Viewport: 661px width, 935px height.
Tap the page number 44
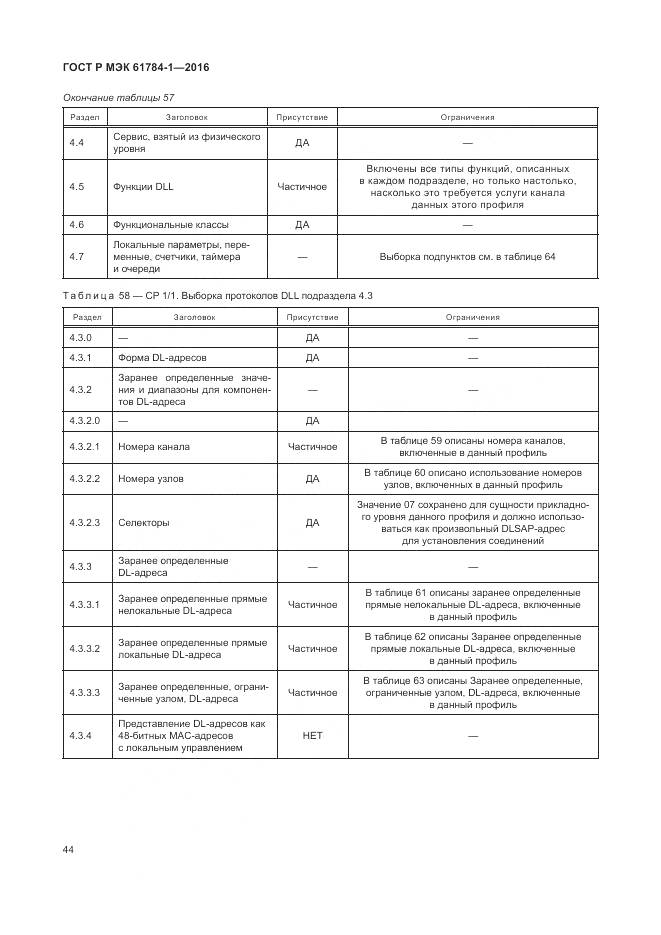(x=69, y=849)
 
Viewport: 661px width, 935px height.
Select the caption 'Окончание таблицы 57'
(x=118, y=98)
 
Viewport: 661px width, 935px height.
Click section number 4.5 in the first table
(x=77, y=186)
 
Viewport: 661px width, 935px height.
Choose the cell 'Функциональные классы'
(x=171, y=225)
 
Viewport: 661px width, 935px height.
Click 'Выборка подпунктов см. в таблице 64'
(x=467, y=257)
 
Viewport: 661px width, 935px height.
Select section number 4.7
(x=77, y=257)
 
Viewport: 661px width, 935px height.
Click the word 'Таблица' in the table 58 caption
(x=89, y=296)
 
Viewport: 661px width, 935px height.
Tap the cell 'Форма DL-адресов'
(x=163, y=357)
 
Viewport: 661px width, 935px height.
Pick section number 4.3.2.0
(x=85, y=420)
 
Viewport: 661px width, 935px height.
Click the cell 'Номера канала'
(x=153, y=447)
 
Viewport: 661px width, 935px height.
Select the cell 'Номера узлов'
(x=151, y=479)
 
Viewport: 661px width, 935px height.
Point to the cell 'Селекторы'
(x=143, y=522)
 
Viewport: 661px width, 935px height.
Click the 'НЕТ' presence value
(x=313, y=736)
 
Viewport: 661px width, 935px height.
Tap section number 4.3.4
(x=81, y=736)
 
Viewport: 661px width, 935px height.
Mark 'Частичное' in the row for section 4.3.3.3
(x=313, y=692)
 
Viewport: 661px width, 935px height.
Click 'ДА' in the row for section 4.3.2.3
(x=313, y=522)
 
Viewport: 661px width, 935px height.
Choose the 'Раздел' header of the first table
(x=84, y=118)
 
